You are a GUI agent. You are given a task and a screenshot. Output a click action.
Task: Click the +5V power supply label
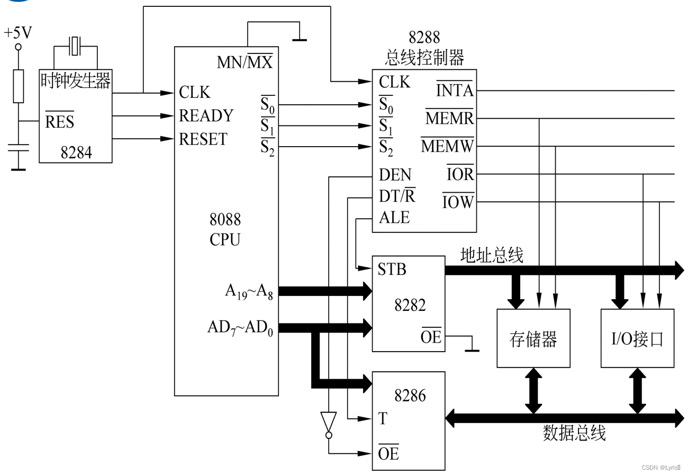coord(18,33)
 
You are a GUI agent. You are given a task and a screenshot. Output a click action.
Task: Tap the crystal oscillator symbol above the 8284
coord(76,46)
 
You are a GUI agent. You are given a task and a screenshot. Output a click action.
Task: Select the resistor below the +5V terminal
coord(19,86)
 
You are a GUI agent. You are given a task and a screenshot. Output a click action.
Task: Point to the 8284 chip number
coord(76,153)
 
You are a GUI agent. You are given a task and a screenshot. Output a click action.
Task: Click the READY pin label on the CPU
coord(206,115)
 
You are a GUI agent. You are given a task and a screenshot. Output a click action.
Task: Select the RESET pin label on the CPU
coord(203,139)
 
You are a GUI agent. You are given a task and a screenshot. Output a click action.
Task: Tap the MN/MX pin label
coord(245,62)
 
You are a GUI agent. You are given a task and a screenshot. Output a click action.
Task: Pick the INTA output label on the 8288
coord(455,91)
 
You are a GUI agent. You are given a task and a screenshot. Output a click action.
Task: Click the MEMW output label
coord(448,146)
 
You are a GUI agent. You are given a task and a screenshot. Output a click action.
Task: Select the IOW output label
coord(458,202)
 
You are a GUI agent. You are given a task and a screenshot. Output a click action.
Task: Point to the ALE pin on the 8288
coord(394,218)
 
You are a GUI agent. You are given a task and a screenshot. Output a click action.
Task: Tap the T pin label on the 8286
coord(383,419)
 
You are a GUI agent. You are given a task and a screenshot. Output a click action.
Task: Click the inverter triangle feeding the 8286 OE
coord(328,422)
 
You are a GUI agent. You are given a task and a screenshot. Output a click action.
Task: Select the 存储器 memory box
coord(533,338)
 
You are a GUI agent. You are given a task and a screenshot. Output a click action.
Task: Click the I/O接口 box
coord(637,338)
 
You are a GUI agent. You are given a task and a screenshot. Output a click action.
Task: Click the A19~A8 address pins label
coord(249,291)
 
